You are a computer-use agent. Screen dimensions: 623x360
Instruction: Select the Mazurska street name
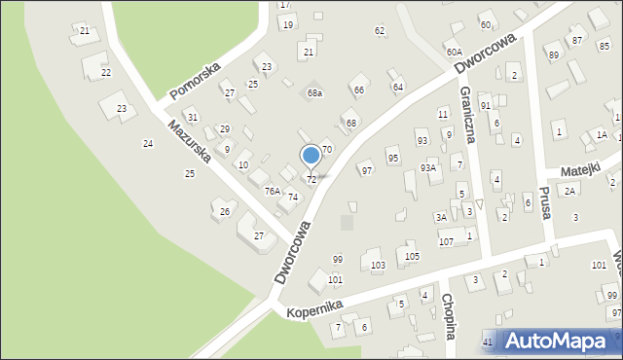[x=188, y=143]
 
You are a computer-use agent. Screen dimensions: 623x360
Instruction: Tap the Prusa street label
[x=545, y=201]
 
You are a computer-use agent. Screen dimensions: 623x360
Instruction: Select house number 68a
[x=314, y=92]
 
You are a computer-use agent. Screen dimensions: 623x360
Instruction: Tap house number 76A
[x=273, y=192]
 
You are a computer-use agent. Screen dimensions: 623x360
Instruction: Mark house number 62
[x=380, y=31]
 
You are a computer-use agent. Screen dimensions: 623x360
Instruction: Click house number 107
[x=446, y=241]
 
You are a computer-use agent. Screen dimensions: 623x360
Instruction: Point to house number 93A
[x=428, y=167]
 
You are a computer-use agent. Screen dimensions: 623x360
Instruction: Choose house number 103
[x=378, y=266]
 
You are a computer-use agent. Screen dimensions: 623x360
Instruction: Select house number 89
[x=554, y=55]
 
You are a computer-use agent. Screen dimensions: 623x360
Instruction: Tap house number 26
[x=225, y=211]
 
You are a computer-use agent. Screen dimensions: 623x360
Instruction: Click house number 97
[x=367, y=170]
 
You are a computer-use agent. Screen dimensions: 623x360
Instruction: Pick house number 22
[x=106, y=73]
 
